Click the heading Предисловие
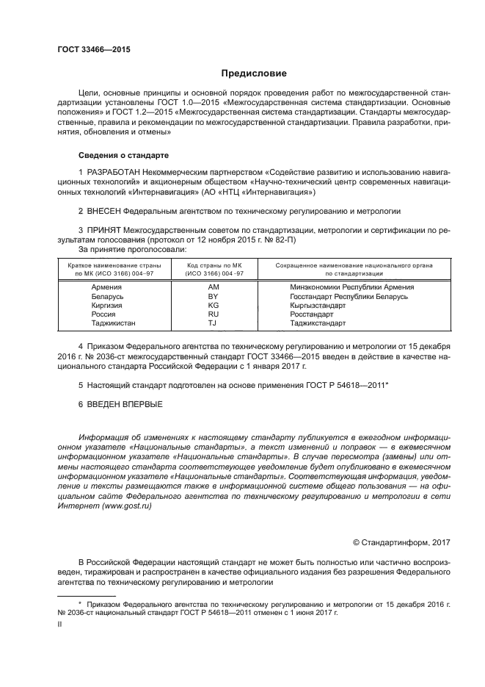(255, 73)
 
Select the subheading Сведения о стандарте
(124, 156)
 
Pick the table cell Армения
(106, 287)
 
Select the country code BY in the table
(214, 296)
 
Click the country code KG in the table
(214, 305)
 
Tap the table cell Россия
(103, 314)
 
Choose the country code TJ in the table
(213, 323)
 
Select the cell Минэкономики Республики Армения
(352, 287)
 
